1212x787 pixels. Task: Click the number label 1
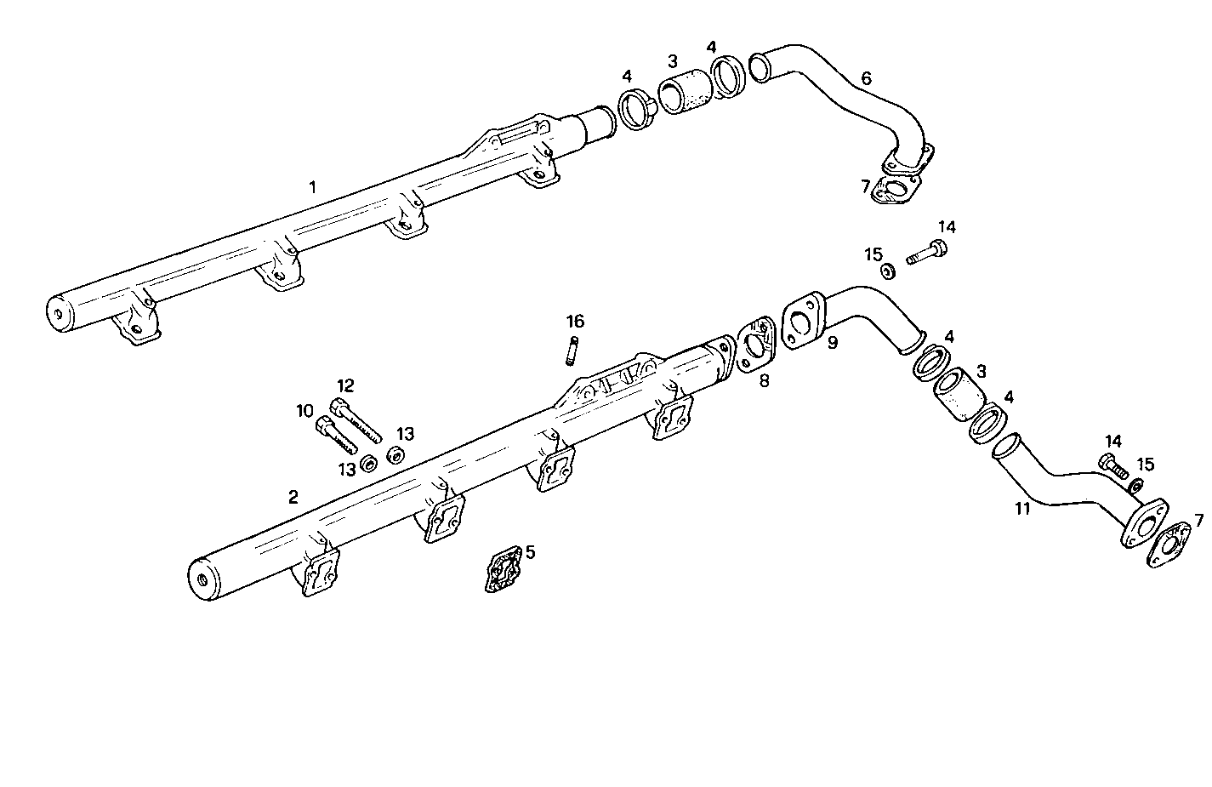[312, 186]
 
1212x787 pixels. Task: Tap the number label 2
[293, 497]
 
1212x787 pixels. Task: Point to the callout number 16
[576, 321]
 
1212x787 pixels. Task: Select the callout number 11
[1022, 509]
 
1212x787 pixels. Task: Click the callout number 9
[833, 343]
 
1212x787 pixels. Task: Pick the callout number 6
[866, 78]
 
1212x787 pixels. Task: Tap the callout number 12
[345, 385]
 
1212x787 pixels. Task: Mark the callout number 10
[305, 411]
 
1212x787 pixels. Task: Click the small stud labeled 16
[573, 351]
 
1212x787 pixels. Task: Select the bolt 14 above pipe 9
[925, 253]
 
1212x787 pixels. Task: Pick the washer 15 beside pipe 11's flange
[1135, 486]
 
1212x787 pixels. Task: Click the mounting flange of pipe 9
[801, 322]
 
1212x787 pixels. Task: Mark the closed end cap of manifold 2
[202, 581]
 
